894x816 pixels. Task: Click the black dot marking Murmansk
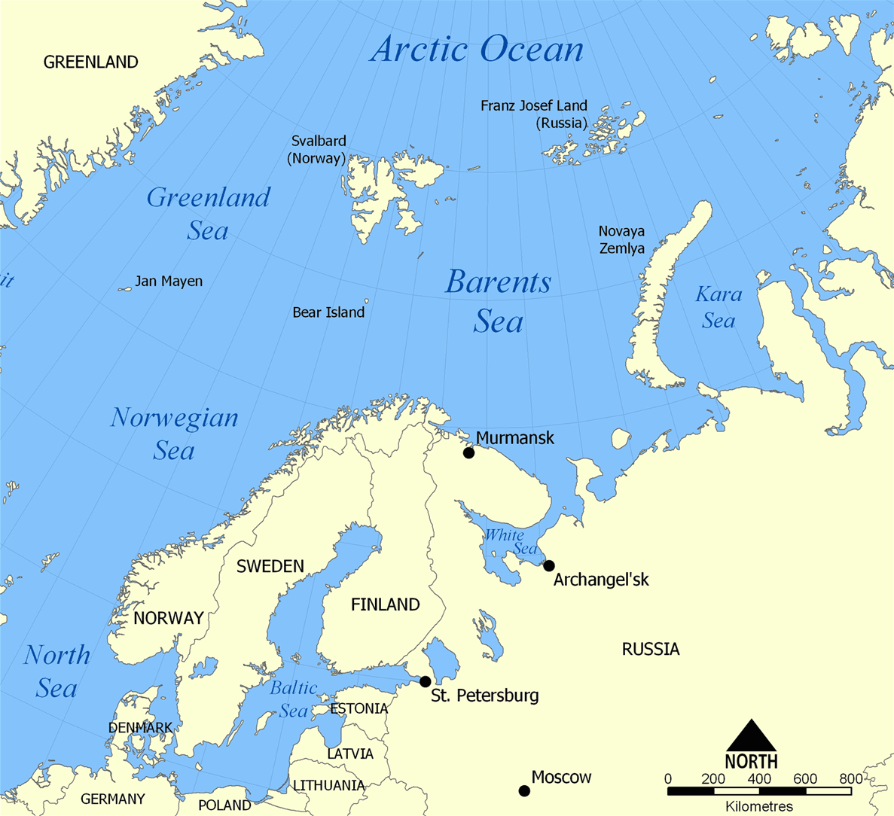468,452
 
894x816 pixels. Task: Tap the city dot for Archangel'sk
549,565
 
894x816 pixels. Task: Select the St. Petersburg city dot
426,681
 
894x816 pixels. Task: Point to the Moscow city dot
524,790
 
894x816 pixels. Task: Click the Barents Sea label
498,301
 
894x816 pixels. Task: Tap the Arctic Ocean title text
477,50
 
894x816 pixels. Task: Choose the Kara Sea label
719,307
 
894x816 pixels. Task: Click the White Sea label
511,542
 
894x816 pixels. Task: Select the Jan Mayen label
169,282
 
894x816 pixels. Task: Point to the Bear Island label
328,312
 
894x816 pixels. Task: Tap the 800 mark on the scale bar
850,778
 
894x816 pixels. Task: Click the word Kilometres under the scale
759,806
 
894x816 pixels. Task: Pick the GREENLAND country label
90,62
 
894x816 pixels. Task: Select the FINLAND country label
385,604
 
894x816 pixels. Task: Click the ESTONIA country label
359,708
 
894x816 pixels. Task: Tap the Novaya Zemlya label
621,239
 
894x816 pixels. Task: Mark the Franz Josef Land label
534,114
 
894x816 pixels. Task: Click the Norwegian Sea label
174,434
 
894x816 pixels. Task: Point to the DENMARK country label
140,728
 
